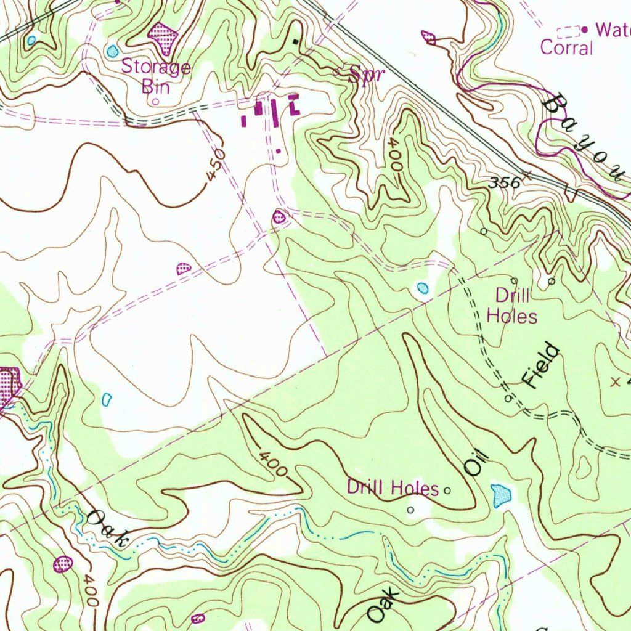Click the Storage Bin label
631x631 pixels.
pos(155,75)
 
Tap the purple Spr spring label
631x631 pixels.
pos(367,75)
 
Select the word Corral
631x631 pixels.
pos(566,47)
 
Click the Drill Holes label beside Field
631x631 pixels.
pos(512,306)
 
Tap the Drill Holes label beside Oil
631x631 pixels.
pos(393,488)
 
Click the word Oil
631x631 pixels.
pos(476,463)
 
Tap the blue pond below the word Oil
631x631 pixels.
pos(502,495)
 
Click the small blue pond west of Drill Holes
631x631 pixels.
pos(422,288)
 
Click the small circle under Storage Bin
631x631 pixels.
pos(156,102)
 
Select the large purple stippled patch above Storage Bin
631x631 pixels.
pos(163,37)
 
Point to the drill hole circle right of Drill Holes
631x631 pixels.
pos(448,491)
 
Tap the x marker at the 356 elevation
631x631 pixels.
pos(527,175)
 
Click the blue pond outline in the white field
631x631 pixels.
pos(107,399)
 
